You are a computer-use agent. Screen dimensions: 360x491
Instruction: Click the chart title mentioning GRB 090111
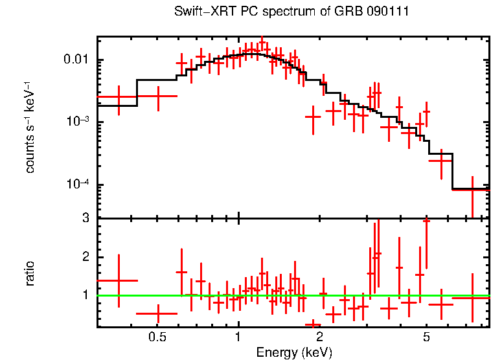point(291,12)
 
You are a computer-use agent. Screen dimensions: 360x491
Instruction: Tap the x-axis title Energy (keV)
point(294,352)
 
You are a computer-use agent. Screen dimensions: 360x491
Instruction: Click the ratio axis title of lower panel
point(30,273)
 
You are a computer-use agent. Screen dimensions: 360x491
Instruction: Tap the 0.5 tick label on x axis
point(157,337)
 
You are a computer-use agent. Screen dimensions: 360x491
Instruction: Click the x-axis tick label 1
point(238,337)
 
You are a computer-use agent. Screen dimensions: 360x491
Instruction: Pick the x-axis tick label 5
point(426,337)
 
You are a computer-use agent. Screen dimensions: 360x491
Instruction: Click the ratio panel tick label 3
point(85,219)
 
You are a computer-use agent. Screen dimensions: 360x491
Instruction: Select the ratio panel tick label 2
point(85,257)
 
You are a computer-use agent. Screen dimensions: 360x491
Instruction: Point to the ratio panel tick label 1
point(85,295)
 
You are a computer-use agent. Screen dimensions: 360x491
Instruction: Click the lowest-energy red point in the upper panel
point(119,97)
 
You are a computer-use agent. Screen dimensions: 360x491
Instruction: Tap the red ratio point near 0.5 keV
point(157,313)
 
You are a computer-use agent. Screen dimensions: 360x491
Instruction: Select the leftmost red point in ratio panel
point(119,280)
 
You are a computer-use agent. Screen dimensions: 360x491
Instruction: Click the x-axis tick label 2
point(319,337)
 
